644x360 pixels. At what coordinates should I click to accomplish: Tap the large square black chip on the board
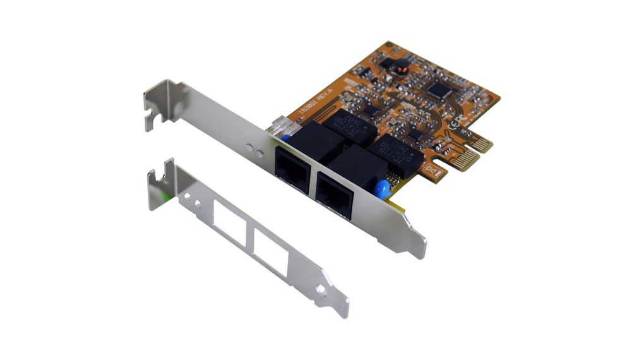440,90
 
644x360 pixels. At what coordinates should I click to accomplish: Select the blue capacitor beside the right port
381,189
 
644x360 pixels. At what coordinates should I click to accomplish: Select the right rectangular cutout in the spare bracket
271,251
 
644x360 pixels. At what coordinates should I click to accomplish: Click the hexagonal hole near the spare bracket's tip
321,289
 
